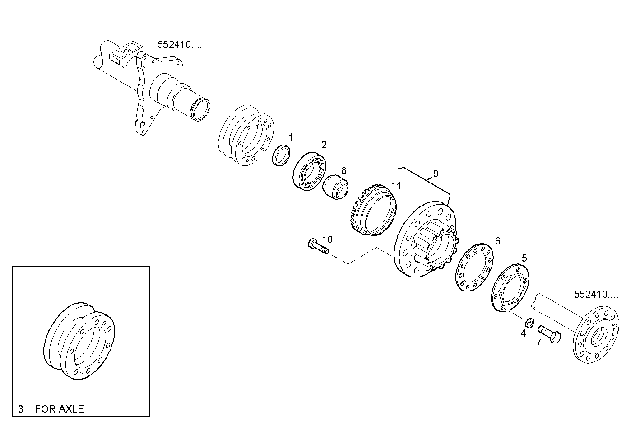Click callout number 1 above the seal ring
pyautogui.click(x=291, y=137)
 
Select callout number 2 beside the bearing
pyautogui.click(x=324, y=145)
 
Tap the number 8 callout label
pyautogui.click(x=344, y=170)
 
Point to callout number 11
pyautogui.click(x=396, y=186)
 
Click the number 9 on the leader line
pyautogui.click(x=436, y=174)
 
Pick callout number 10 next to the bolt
pyautogui.click(x=327, y=239)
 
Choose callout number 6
pyautogui.click(x=498, y=241)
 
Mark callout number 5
pyautogui.click(x=524, y=258)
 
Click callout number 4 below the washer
pyautogui.click(x=524, y=333)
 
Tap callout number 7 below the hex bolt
pyautogui.click(x=539, y=341)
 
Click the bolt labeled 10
pyautogui.click(x=318, y=246)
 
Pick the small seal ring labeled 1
pyautogui.click(x=281, y=155)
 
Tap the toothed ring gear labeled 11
pyautogui.click(x=373, y=210)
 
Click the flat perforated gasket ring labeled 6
pyautogui.click(x=474, y=267)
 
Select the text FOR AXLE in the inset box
pyautogui.click(x=60, y=409)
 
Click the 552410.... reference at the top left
pyautogui.click(x=180, y=45)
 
